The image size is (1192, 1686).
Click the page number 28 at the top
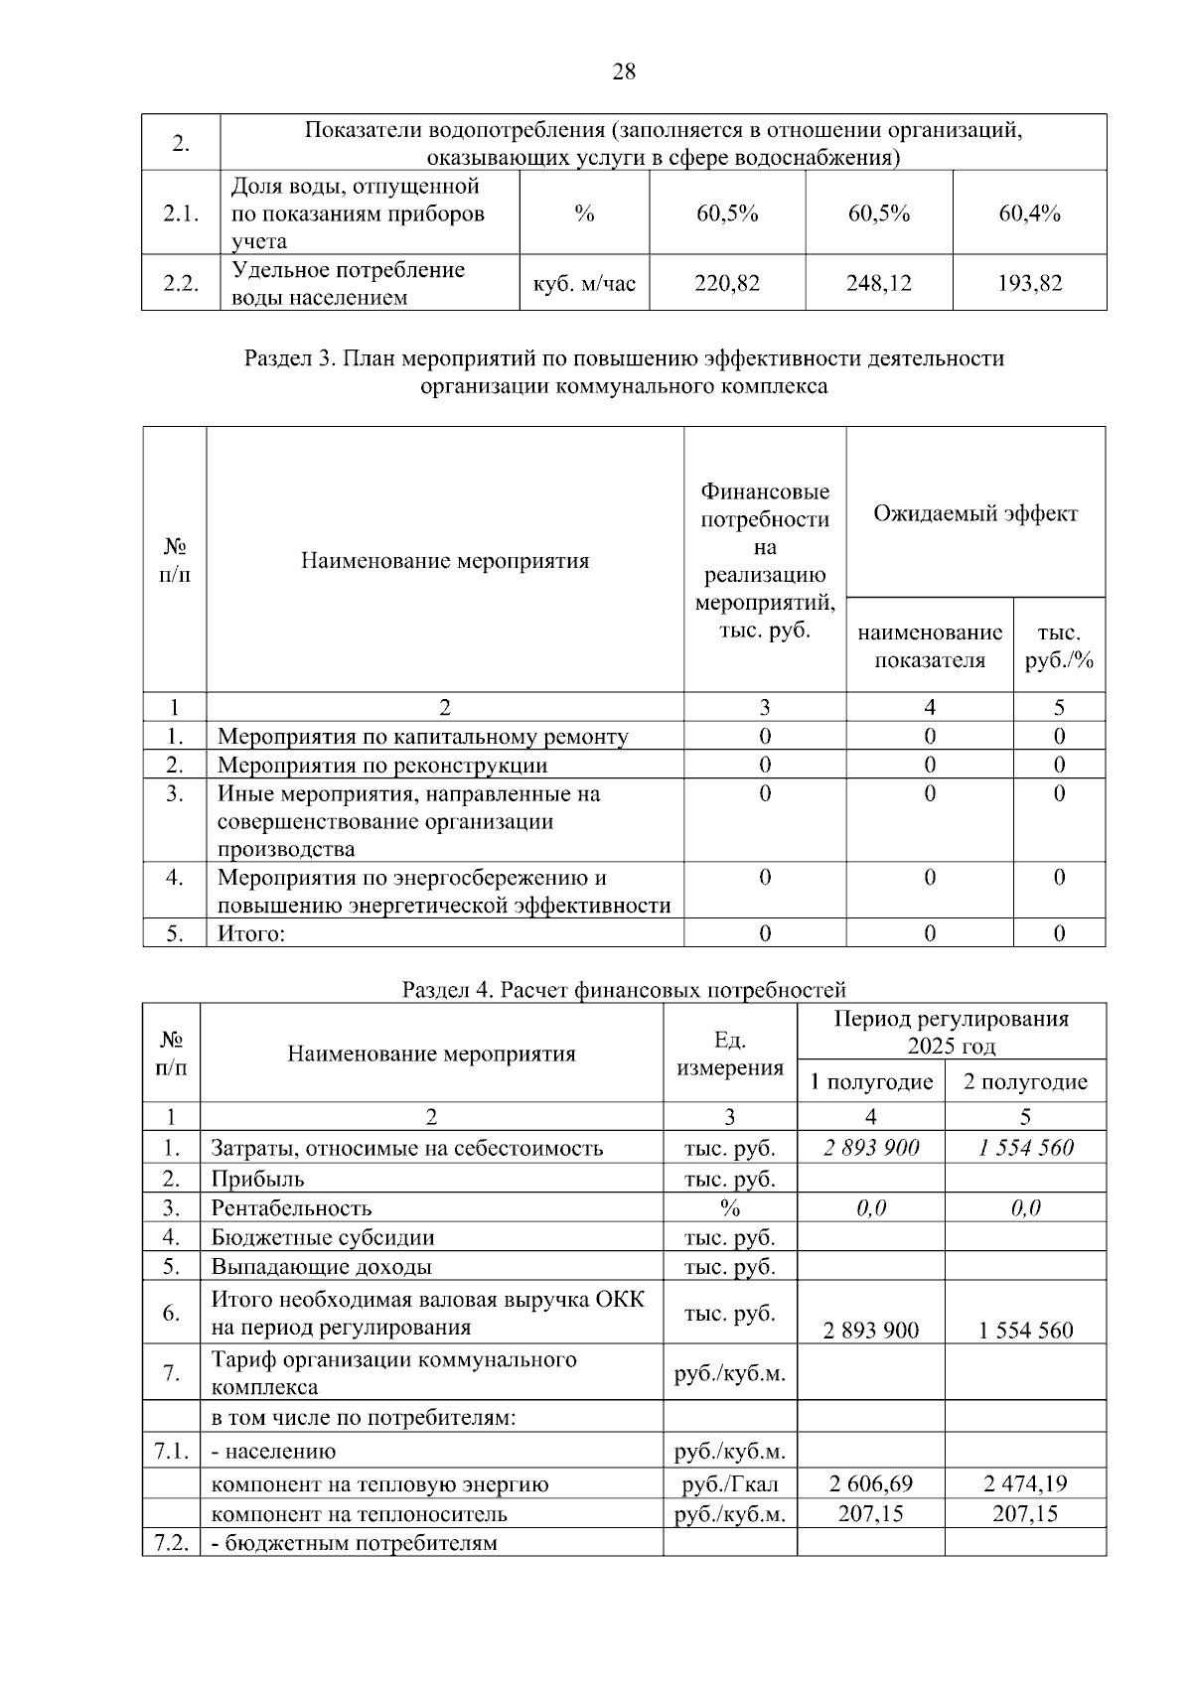tap(624, 71)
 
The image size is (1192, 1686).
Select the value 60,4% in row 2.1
tap(1029, 213)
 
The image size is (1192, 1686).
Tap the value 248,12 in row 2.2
tap(878, 284)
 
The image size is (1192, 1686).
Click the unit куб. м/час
tap(584, 284)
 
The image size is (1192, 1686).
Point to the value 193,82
tap(1029, 284)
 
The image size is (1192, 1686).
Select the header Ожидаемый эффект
tap(974, 513)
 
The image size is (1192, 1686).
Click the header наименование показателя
tap(930, 646)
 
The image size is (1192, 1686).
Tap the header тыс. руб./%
tap(1059, 646)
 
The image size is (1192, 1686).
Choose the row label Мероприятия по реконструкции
tap(382, 766)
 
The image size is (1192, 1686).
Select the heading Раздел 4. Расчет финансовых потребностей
tap(624, 990)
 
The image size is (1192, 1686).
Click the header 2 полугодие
tap(1025, 1081)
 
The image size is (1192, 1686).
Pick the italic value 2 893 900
tap(871, 1148)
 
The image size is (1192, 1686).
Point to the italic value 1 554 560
tap(1025, 1148)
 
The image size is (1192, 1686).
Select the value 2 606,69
tap(871, 1484)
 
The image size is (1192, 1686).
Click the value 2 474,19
tap(1025, 1484)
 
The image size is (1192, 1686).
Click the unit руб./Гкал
tap(730, 1484)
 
